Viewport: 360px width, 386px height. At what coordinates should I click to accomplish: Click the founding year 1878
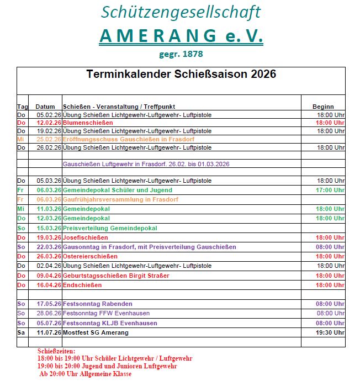[x=192, y=54]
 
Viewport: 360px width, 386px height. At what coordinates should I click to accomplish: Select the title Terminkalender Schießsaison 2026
[x=181, y=75]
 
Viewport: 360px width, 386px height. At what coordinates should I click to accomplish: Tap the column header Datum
[x=45, y=107]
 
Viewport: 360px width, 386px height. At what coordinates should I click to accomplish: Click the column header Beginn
[x=323, y=107]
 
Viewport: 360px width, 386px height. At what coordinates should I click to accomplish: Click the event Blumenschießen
[x=84, y=123]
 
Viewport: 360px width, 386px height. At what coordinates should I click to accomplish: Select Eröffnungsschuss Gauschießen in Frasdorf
[x=128, y=139]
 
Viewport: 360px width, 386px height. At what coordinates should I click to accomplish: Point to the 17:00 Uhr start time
[x=330, y=190]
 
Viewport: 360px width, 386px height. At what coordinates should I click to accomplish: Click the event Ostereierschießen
[x=90, y=256]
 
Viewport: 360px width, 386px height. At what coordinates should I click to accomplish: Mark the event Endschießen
[x=82, y=285]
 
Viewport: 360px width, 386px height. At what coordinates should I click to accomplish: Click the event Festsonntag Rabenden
[x=98, y=304]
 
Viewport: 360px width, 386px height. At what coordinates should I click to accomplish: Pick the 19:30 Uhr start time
[x=330, y=332]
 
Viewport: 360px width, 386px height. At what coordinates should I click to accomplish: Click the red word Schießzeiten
[x=56, y=351]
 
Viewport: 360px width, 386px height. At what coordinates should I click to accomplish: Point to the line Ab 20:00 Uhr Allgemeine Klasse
[x=85, y=374]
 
